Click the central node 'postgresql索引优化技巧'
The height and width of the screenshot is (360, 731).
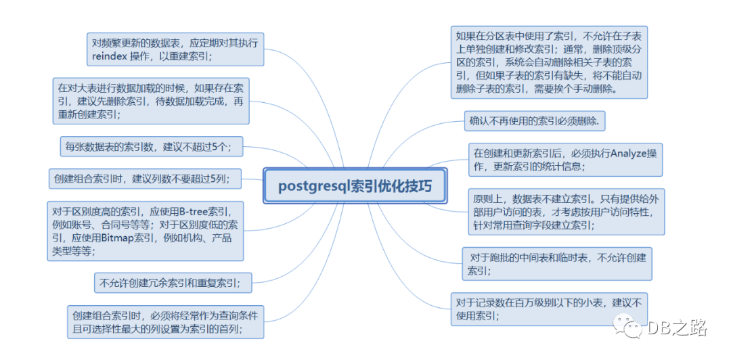click(355, 185)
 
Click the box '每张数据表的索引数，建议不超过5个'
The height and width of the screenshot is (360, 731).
click(151, 146)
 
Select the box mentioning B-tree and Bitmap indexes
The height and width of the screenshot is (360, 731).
click(145, 231)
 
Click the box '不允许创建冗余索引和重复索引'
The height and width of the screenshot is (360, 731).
click(173, 283)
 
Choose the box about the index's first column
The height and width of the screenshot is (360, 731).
click(166, 321)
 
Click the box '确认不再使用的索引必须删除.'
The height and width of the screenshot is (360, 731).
click(535, 122)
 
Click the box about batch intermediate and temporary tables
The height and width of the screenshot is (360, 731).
click(556, 264)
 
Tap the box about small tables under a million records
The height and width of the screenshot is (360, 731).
click(549, 309)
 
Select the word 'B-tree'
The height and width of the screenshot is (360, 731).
click(192, 210)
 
